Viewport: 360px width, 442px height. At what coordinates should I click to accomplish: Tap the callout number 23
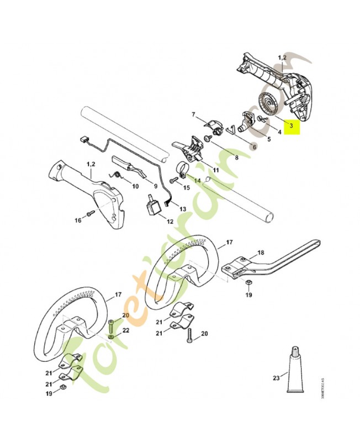coord(277,378)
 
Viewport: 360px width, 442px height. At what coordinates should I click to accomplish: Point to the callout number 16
coord(78,220)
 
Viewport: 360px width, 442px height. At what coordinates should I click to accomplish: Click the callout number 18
coord(261,252)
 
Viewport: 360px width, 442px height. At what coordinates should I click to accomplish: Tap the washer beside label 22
coord(112,335)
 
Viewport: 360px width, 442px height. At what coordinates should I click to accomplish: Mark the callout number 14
coord(197,180)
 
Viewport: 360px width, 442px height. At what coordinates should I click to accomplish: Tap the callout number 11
coord(215,170)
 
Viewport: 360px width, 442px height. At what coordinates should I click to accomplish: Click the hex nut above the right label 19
coord(248,283)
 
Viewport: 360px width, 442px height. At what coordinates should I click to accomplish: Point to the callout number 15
coord(187,188)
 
